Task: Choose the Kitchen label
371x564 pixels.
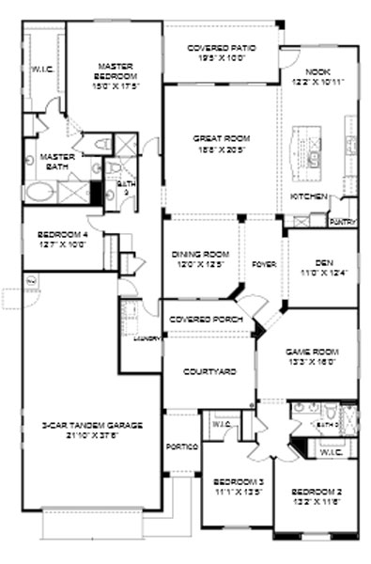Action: [309, 196]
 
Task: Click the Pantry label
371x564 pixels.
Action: [342, 222]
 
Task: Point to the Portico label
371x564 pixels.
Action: [180, 446]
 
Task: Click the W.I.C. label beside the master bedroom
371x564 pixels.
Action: [40, 69]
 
